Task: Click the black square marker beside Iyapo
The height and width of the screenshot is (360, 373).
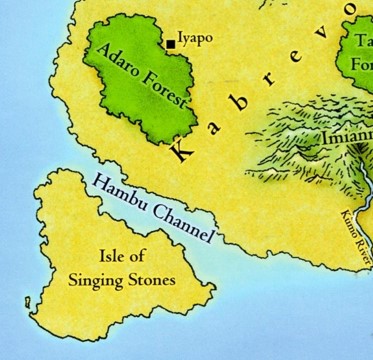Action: pyautogui.click(x=171, y=44)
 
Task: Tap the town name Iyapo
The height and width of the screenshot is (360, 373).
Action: pyautogui.click(x=194, y=40)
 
